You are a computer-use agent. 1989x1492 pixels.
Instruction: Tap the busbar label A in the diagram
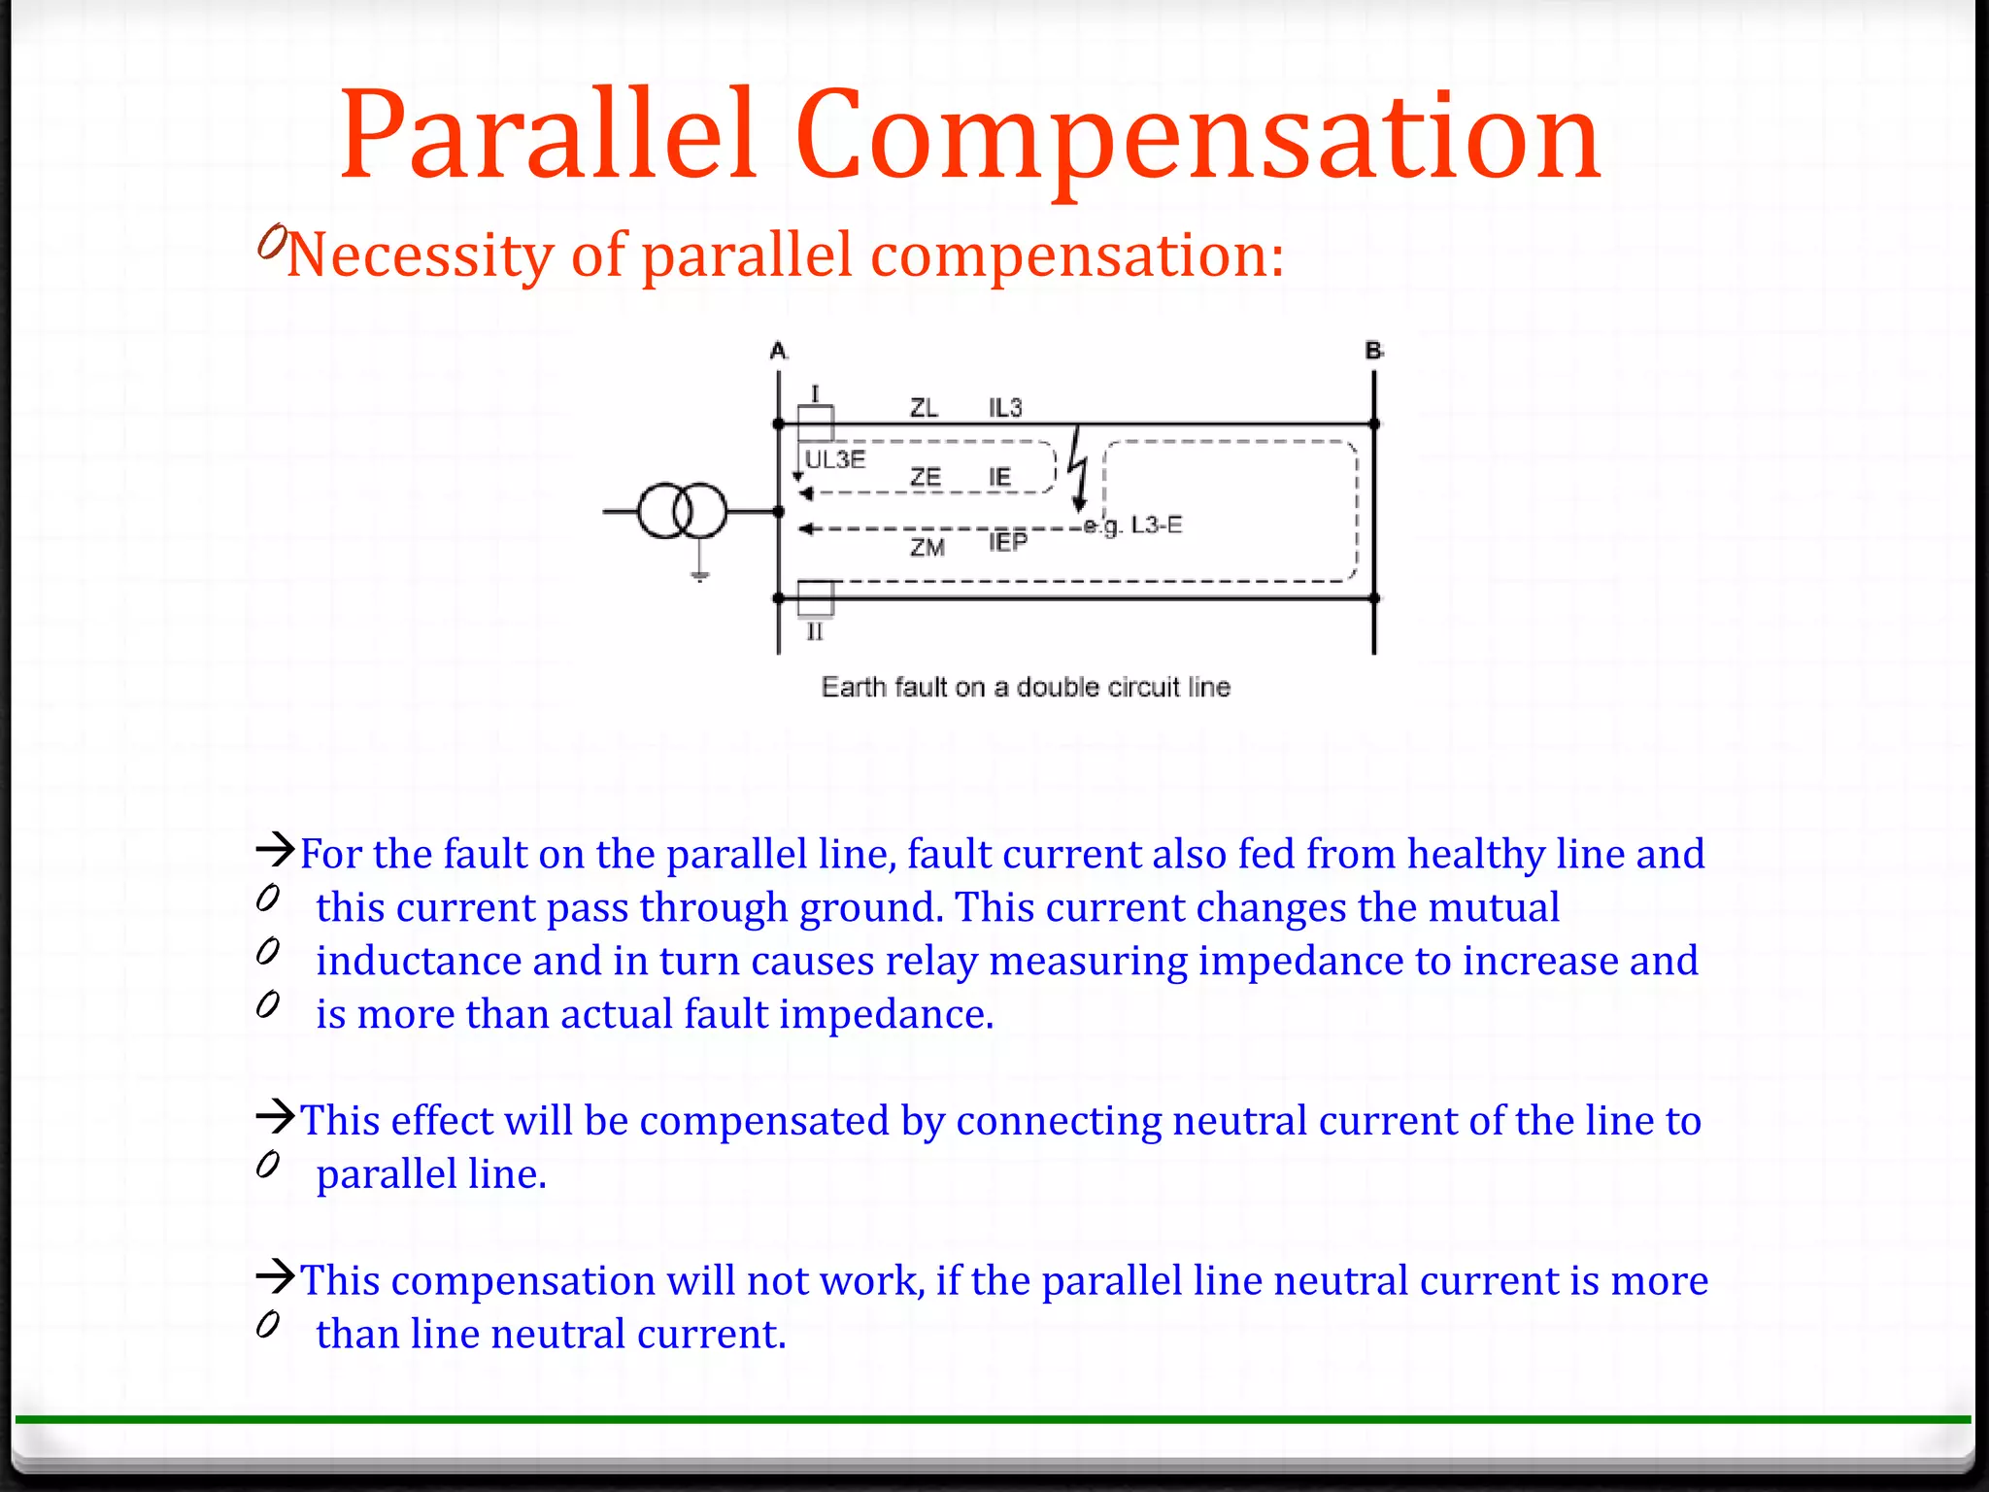(778, 351)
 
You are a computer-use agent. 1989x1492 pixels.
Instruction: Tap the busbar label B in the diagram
(1373, 351)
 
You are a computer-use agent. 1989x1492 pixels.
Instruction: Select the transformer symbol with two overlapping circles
(683, 511)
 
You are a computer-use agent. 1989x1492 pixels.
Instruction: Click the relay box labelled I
(815, 424)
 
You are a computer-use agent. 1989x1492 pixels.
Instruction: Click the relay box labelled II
(815, 598)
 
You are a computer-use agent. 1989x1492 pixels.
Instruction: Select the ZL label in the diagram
(924, 408)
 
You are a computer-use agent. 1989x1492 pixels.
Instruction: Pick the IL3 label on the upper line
(1005, 408)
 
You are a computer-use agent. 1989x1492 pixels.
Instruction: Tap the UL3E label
(835, 459)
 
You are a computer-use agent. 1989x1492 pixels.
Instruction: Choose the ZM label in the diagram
(927, 548)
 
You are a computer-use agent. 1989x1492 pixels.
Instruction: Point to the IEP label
(1008, 542)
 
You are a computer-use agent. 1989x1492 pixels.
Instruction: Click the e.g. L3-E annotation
(1133, 526)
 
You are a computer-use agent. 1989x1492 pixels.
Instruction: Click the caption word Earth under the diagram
(854, 688)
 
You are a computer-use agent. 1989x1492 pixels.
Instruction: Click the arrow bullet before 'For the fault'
(275, 850)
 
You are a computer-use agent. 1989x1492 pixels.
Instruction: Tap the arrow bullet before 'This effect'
(275, 1116)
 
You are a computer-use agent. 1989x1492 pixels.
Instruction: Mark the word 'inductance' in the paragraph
(419, 961)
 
